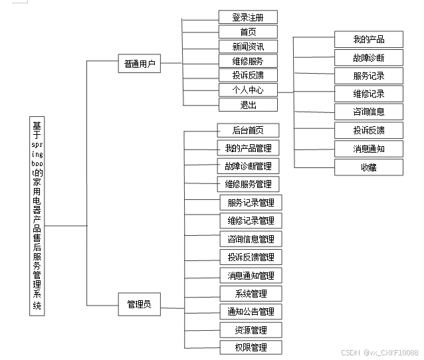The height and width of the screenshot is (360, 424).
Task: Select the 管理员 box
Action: pos(139,305)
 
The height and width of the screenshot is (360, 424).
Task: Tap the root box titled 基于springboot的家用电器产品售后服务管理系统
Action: pos(37,215)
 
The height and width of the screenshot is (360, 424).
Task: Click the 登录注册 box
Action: pos(248,17)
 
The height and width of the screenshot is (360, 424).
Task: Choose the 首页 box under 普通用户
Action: pos(248,32)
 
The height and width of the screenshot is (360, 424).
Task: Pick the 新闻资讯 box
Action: pos(248,46)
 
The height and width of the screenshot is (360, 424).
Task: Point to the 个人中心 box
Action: pos(248,90)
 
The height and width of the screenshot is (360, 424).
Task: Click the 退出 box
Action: pos(248,104)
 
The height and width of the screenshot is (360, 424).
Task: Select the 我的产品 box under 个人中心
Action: pos(368,39)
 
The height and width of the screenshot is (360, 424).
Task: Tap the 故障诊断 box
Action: pos(368,57)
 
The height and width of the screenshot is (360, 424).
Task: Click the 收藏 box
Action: pos(368,167)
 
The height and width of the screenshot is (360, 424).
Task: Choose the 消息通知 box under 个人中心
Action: pos(368,149)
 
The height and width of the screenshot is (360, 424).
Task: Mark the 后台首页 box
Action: pos(248,130)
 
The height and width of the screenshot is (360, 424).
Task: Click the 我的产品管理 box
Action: pos(248,148)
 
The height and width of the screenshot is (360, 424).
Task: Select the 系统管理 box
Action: pos(251,294)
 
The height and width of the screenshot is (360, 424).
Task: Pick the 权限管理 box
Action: pos(250,347)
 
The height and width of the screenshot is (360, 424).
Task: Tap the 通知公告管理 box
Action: pos(250,312)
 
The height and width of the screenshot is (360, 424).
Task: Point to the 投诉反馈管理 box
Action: pos(250,257)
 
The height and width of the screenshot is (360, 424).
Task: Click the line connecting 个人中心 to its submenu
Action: pos(286,92)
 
